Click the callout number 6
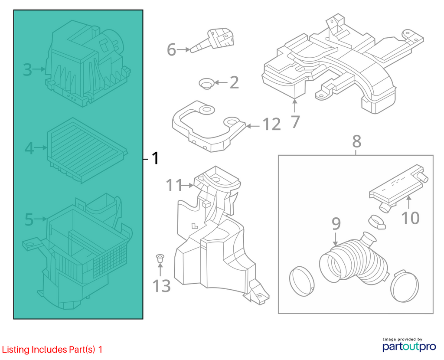(171, 49)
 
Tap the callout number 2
(234, 82)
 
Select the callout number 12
(272, 124)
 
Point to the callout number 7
(295, 122)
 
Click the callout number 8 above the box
(357, 141)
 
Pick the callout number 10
(411, 218)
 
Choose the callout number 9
(336, 224)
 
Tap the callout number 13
(161, 286)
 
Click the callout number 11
(174, 185)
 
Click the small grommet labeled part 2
(206, 84)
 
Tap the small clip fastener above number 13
(160, 259)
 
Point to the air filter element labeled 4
(87, 150)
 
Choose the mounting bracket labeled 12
(209, 126)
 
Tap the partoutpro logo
(409, 347)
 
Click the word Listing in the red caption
(16, 350)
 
